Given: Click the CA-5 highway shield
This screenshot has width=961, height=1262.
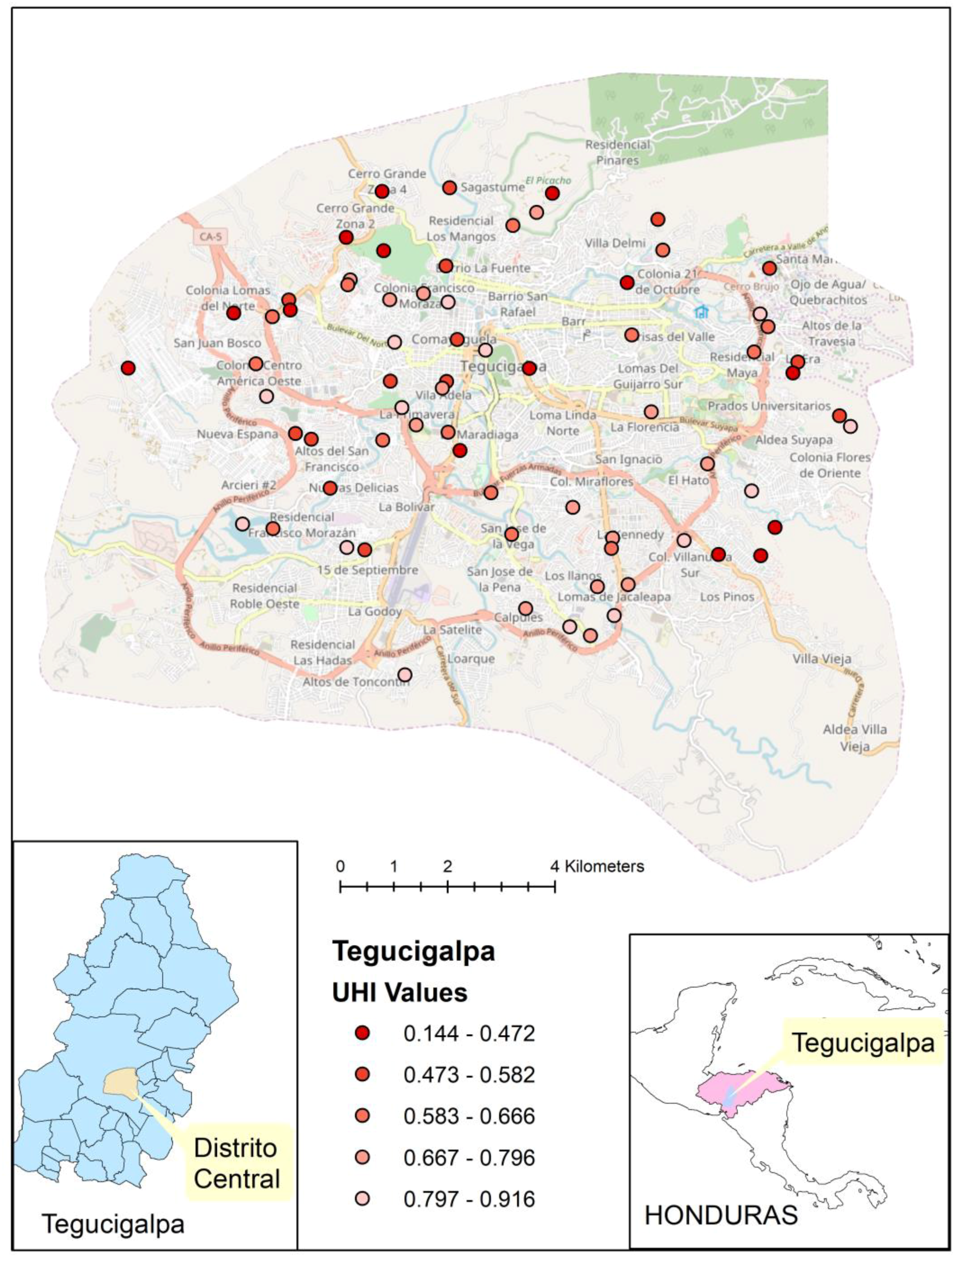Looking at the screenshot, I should coord(210,236).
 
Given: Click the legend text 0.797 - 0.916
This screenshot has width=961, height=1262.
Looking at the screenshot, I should coord(469,1199).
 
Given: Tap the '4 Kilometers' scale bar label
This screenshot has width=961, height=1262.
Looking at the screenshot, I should coord(598,866).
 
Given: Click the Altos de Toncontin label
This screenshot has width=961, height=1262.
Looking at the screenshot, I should coord(355,682).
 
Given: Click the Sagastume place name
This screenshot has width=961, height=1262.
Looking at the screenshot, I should coord(493,188).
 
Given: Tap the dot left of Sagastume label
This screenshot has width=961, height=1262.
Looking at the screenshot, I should coord(450,188).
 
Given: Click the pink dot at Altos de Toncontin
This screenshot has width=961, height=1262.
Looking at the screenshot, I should coord(404,675).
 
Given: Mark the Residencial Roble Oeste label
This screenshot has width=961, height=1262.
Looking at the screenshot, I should coord(264,596).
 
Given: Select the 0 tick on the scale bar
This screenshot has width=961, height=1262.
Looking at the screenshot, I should coord(340,887).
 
